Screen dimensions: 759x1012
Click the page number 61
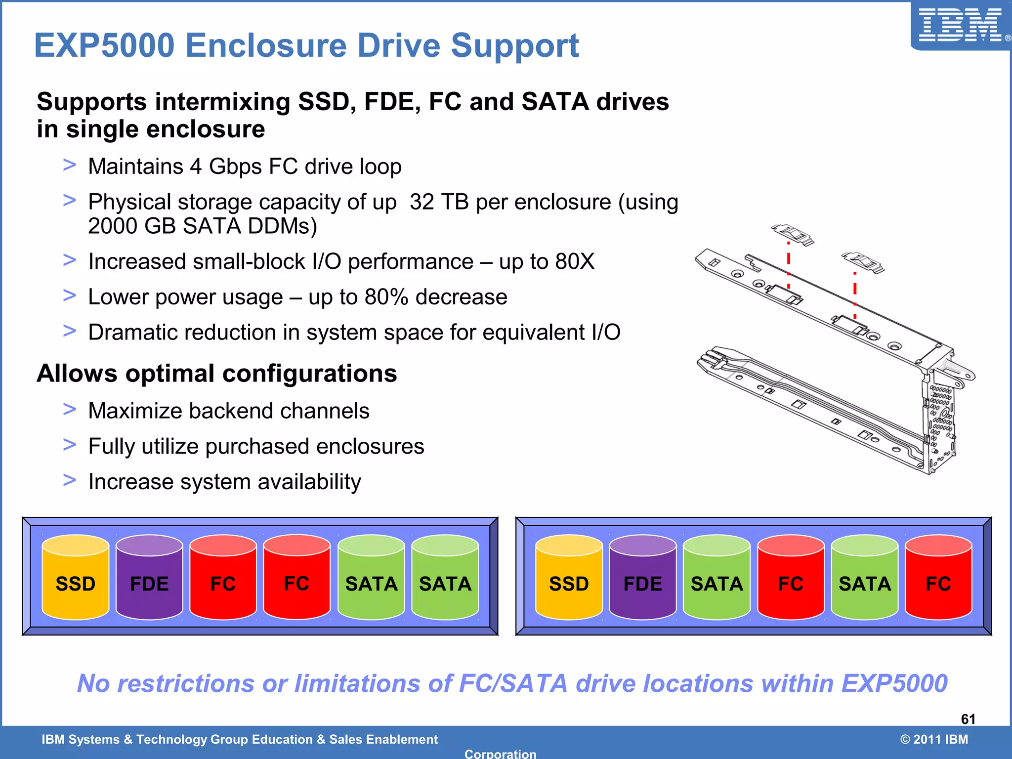point(968,719)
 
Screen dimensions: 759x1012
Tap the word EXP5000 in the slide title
point(104,46)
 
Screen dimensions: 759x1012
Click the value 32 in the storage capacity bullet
point(422,202)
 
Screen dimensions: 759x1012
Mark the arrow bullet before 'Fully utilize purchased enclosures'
point(70,445)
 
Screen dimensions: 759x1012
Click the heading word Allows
point(77,374)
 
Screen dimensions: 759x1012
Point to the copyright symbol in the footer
point(905,739)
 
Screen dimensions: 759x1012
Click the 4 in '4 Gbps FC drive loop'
point(196,167)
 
